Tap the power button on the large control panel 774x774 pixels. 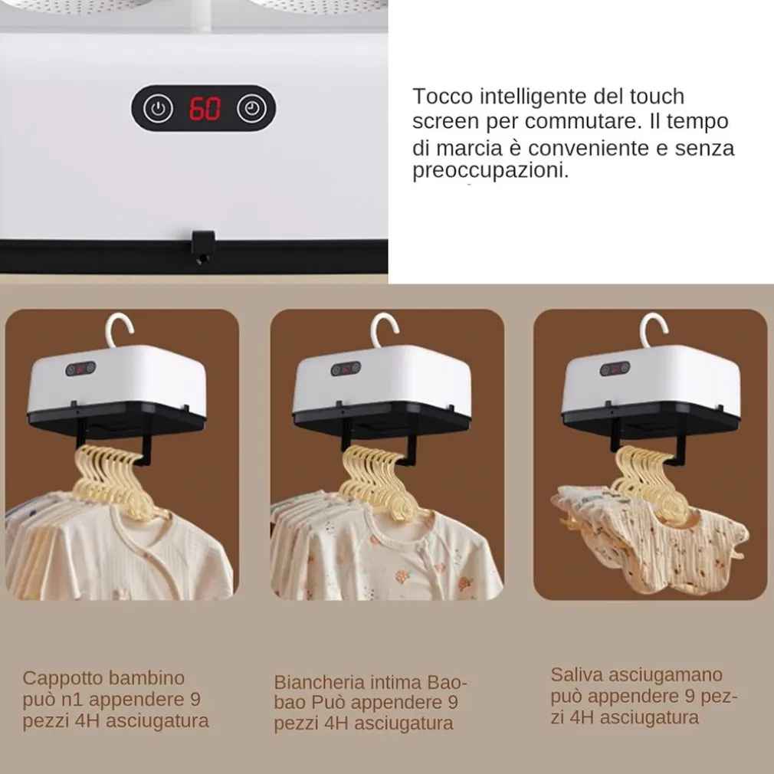158,109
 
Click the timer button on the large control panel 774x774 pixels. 252,108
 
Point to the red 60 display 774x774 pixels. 205,109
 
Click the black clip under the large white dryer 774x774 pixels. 203,248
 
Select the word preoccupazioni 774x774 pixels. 490,171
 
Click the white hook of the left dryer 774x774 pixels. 119,329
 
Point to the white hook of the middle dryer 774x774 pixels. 384,330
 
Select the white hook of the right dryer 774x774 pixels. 653,330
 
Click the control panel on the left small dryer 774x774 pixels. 80,369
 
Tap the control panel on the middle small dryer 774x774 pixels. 346,369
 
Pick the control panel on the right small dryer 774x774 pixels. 615,369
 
